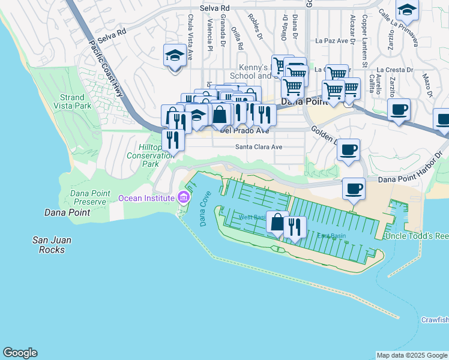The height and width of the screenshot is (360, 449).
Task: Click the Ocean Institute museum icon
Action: [x=184, y=198]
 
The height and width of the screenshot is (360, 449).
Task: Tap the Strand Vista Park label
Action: [x=76, y=101]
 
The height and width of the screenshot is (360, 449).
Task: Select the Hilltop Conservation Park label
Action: [x=142, y=155]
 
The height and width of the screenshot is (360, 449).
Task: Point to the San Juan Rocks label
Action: [x=52, y=245]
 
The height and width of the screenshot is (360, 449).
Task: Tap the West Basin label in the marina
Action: [x=252, y=217]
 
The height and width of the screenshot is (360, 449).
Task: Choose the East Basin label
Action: [x=328, y=236]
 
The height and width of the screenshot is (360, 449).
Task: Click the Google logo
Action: [x=20, y=353]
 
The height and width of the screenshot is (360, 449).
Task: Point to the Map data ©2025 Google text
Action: [x=412, y=355]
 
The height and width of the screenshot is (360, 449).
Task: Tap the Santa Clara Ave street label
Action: [x=258, y=146]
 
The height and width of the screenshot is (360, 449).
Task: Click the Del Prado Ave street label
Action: [x=245, y=130]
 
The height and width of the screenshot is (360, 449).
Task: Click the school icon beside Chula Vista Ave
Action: [x=174, y=56]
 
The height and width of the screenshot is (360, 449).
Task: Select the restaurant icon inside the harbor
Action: [x=294, y=226]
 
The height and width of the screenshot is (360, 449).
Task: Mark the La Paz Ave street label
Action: [x=332, y=41]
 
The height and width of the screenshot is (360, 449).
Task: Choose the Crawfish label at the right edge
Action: [x=434, y=319]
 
